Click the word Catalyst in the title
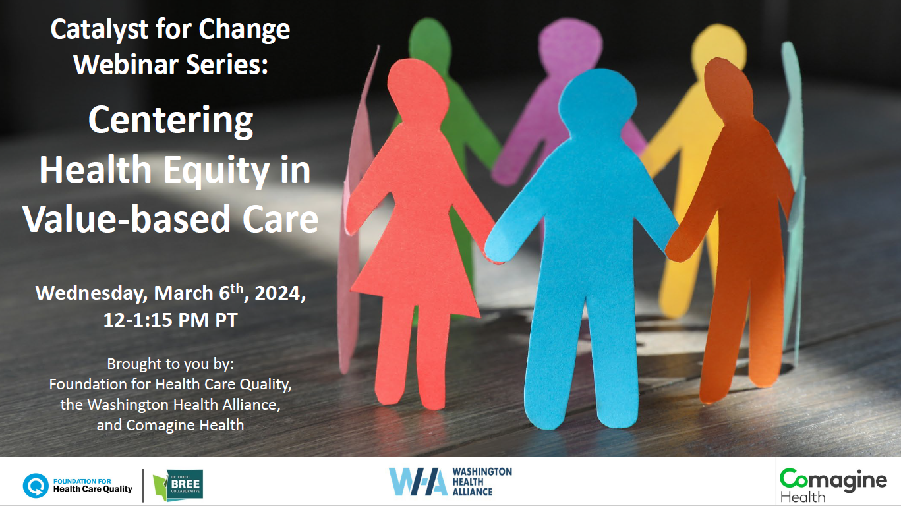tap(100, 30)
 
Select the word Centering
tap(171, 121)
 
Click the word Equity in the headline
tap(216, 171)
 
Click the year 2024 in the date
tap(277, 293)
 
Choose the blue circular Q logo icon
tap(36, 486)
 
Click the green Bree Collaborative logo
tap(178, 485)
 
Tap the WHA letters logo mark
tap(418, 482)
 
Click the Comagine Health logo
tap(833, 485)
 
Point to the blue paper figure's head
tap(597, 103)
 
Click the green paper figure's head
tap(430, 40)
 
